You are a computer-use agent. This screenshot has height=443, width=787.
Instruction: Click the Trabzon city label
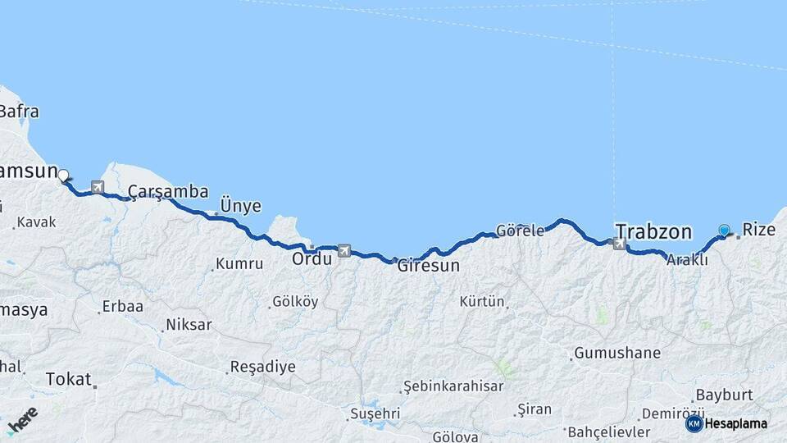point(653,231)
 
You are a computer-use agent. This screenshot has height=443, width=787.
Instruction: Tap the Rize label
point(758,230)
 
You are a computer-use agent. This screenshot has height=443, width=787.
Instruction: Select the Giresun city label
point(428,266)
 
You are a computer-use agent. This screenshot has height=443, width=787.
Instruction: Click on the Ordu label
point(312,258)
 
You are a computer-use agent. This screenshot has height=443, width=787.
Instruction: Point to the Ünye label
point(241,205)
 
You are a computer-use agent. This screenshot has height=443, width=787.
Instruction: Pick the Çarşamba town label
point(167,191)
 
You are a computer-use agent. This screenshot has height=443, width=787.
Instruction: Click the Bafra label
point(18,112)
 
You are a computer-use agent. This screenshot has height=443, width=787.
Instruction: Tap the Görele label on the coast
point(520,231)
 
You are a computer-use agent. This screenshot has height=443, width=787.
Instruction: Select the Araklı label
point(687,259)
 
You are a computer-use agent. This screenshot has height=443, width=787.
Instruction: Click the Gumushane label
point(616,354)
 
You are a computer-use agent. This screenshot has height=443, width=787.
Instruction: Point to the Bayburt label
point(724,395)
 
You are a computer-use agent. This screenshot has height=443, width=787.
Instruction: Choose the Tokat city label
point(68,378)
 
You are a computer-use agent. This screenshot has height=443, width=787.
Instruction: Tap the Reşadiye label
point(262,367)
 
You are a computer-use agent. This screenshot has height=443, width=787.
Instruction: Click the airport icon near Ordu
point(343,250)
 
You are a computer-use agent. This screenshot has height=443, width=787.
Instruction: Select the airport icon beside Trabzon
point(619,243)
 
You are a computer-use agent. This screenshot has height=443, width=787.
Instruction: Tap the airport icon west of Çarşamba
point(98,187)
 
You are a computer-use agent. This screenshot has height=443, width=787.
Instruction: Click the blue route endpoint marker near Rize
point(724,231)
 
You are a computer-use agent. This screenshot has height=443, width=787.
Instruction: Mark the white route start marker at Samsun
point(63,174)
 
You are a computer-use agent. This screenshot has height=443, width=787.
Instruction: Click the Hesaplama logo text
point(735,423)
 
